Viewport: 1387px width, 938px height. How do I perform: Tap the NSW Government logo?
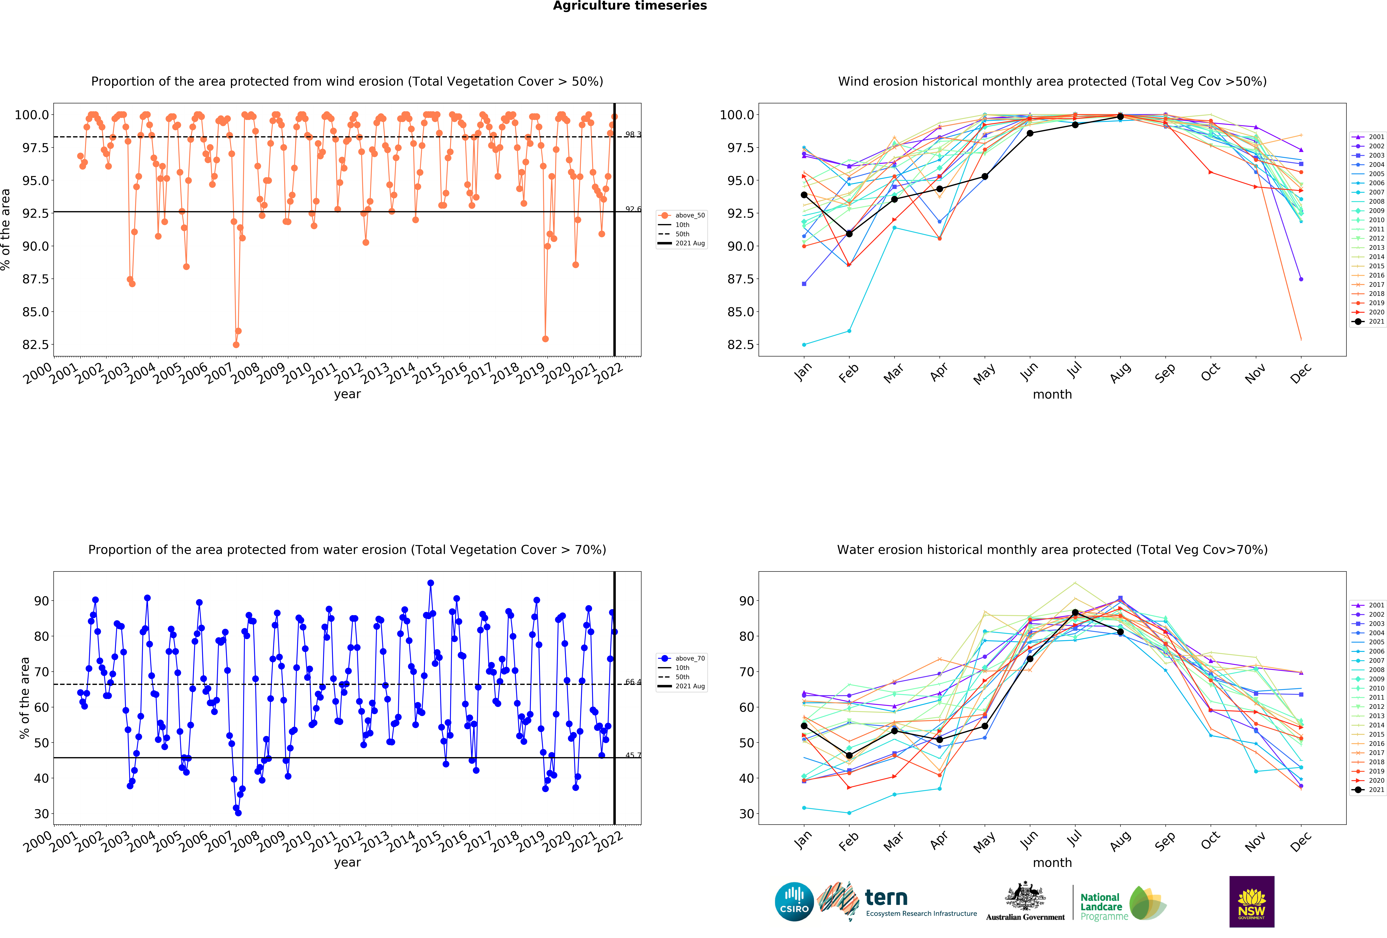1252,902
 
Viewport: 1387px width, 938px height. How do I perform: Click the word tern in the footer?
886,897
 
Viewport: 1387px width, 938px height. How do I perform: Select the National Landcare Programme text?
1104,906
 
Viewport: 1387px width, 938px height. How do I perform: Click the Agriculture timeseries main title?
630,6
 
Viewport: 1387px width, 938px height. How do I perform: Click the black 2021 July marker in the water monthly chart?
1075,613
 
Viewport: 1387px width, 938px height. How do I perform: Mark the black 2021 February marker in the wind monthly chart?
849,234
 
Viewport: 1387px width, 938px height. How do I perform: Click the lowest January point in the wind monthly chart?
804,345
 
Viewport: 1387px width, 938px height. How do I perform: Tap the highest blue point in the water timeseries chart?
430,583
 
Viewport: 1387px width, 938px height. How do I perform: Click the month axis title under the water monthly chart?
1052,863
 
